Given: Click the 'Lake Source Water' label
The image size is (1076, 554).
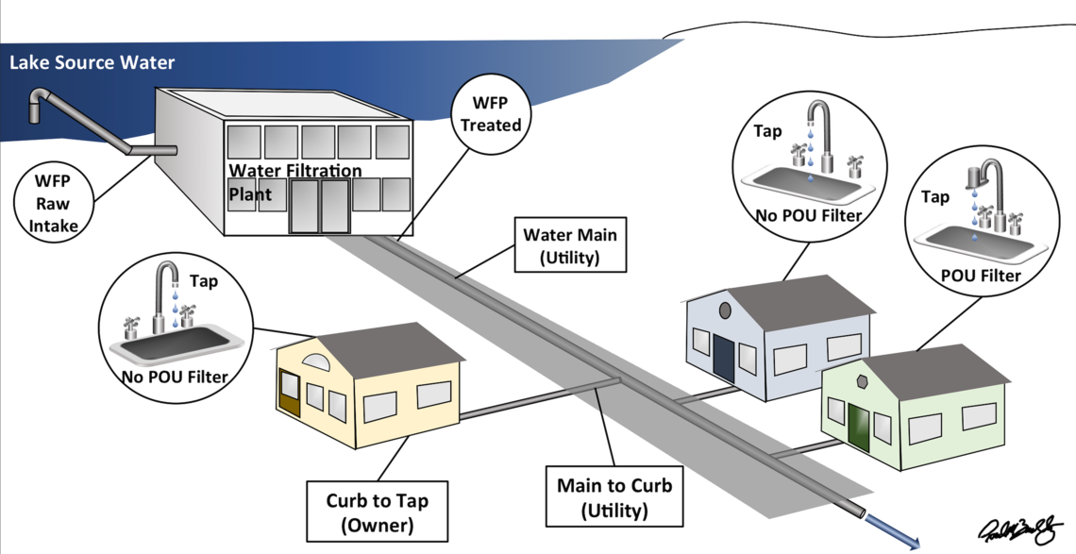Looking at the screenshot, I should click(92, 63).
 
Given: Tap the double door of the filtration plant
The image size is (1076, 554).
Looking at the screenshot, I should click(318, 208).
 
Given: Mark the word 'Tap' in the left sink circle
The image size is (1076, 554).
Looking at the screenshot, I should click(203, 281).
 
